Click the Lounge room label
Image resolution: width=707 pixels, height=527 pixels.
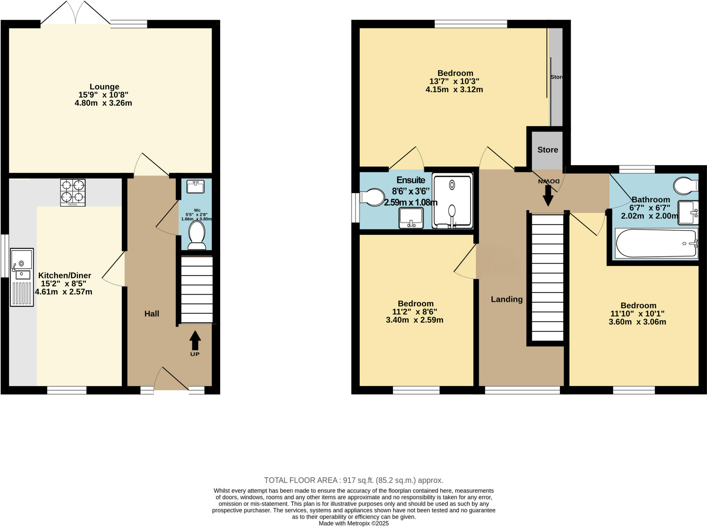[x=104, y=87]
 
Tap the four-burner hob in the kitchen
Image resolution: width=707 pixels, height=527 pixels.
[x=73, y=192]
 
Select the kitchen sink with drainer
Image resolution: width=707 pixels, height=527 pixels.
[x=22, y=277]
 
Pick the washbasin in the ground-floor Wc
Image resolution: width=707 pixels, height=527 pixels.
[x=195, y=187]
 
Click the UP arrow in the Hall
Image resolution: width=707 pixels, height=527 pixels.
[x=195, y=341]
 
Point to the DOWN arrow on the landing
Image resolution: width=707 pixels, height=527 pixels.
[x=548, y=195]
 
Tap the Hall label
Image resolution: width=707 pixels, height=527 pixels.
[x=152, y=314]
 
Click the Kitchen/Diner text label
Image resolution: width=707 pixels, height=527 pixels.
[x=65, y=275]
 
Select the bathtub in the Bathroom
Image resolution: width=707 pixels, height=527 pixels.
[x=656, y=243]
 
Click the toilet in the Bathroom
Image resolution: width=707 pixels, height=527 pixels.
[x=686, y=186]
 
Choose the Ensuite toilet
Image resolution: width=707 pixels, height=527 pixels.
[x=372, y=197]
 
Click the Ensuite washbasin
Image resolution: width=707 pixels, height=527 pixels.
[x=411, y=218]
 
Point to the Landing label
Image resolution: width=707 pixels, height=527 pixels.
[x=506, y=299]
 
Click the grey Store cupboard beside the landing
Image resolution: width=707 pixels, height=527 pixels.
[x=548, y=150]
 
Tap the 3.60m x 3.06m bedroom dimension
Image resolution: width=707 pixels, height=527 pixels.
[x=637, y=322]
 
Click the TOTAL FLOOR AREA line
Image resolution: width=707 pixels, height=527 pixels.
[x=353, y=480]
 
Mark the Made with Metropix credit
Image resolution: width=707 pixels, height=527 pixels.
[x=353, y=523]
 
